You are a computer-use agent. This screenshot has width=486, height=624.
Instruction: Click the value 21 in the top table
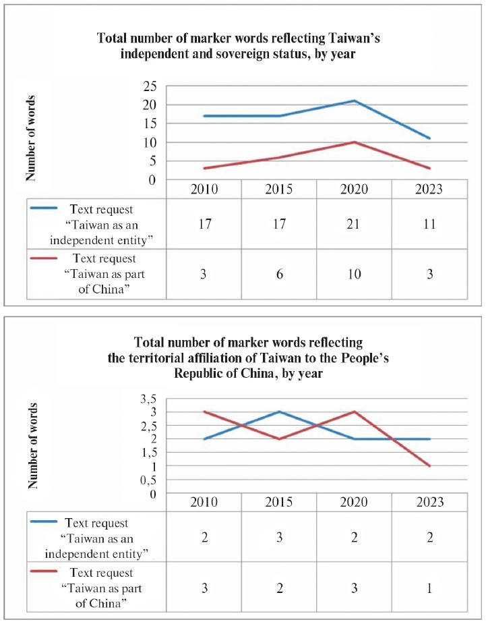(355, 224)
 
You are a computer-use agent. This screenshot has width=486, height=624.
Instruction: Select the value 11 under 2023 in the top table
(430, 224)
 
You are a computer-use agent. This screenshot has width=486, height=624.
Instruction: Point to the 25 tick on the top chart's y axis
(150, 86)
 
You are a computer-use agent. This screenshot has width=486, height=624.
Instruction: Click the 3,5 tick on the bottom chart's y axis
(148, 399)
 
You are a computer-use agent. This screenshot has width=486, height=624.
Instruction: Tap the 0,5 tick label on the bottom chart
(148, 480)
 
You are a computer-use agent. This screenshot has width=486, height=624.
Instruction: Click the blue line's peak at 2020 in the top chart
(355, 101)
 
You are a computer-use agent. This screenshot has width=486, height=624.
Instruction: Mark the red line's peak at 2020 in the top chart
(355, 142)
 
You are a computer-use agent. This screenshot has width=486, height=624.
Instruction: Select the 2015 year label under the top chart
(279, 190)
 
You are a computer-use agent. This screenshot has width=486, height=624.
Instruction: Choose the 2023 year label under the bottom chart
(430, 503)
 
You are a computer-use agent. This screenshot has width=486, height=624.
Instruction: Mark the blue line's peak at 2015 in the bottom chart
(279, 412)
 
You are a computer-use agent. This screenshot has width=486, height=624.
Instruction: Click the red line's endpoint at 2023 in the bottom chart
(430, 465)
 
